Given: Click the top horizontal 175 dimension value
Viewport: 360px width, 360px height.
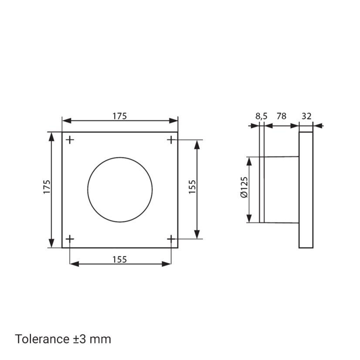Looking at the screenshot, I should tap(120, 116).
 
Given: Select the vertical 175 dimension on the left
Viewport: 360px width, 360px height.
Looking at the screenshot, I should tap(47, 187).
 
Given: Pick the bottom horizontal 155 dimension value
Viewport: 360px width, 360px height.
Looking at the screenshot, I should tap(120, 259).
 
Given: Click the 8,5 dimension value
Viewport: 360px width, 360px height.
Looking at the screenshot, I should tap(261, 116).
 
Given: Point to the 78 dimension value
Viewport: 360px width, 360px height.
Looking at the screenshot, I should tap(282, 116).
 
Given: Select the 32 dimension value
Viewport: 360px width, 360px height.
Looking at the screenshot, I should tap(306, 116).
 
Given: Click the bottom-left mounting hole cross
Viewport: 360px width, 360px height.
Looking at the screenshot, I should tap(70, 239).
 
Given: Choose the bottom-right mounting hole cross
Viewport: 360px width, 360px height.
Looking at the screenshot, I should tap(171, 239).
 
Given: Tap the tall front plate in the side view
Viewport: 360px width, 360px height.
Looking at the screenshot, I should tap(306, 190).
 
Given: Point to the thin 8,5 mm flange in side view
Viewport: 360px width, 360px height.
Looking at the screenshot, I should tap(262, 190).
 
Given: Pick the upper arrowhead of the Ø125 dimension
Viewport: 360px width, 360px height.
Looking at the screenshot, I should tap(249, 160).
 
